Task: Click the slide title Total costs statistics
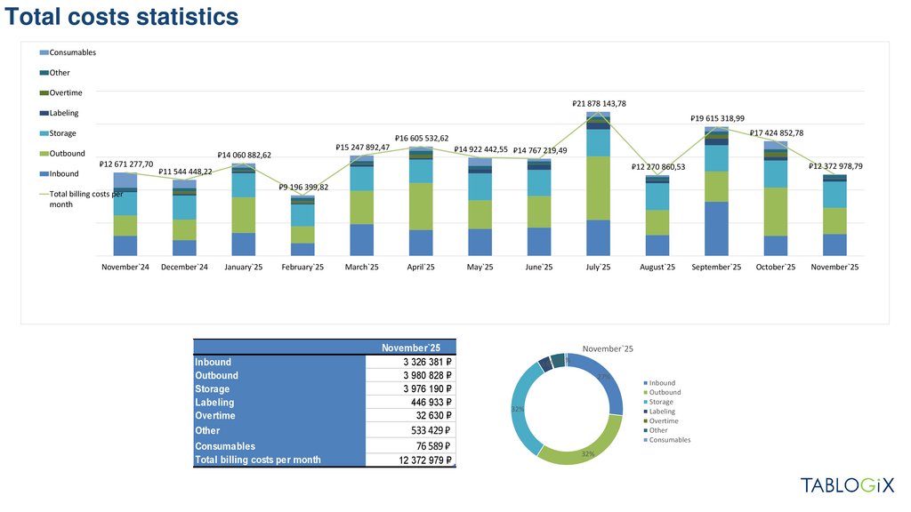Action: point(121,17)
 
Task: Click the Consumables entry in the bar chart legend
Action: point(72,52)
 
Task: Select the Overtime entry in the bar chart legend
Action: point(66,93)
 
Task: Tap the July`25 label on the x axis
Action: point(598,267)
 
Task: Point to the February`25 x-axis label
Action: point(302,267)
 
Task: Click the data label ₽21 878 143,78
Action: point(599,104)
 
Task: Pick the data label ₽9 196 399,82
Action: point(302,188)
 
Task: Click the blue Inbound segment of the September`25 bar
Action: point(716,228)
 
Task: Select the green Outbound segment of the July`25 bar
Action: point(598,188)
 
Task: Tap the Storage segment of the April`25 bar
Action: point(421,171)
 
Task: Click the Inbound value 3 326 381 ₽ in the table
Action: point(423,362)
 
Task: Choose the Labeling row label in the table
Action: point(214,403)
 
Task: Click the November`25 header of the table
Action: point(411,348)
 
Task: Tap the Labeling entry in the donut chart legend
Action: point(664,412)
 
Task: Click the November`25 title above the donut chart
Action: point(608,348)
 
